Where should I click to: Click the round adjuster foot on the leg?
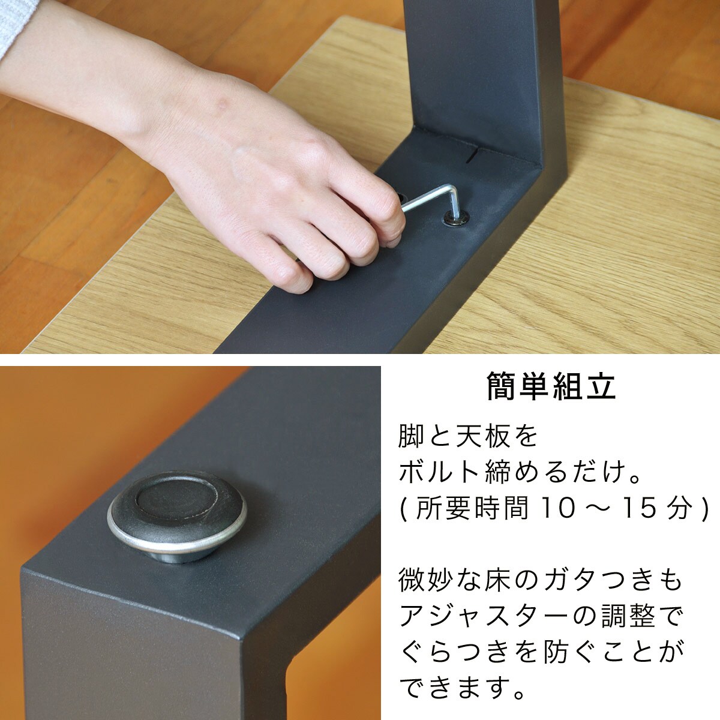(x=177, y=515)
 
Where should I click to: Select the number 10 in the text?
(x=558, y=508)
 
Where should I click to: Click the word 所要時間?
(x=472, y=508)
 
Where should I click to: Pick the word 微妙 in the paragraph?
(x=426, y=580)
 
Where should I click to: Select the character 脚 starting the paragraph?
(x=412, y=436)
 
